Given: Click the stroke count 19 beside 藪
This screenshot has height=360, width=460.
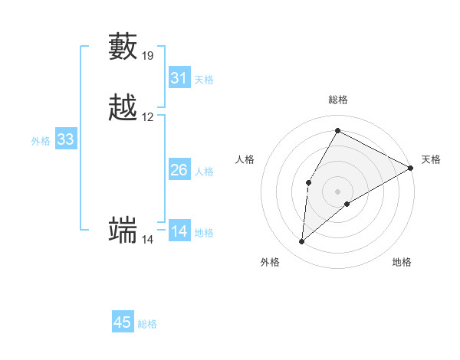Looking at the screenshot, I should pyautogui.click(x=148, y=56).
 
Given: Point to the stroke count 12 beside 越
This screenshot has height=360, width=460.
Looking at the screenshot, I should pyautogui.click(x=148, y=117).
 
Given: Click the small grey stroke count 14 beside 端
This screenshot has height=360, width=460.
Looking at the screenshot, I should pyautogui.click(x=148, y=240).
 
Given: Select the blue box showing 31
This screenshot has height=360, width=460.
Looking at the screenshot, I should pyautogui.click(x=179, y=78).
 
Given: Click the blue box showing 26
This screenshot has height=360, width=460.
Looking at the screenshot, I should pyautogui.click(x=179, y=170).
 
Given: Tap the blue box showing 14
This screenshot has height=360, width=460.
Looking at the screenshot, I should pyautogui.click(x=179, y=231).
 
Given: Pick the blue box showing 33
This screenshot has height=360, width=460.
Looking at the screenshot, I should pyautogui.click(x=66, y=139).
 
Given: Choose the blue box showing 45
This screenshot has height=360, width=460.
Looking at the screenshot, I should pyautogui.click(x=123, y=322).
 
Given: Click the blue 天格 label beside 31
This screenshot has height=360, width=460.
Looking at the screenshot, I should pyautogui.click(x=204, y=80).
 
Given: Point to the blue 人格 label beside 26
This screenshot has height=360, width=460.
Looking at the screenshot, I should pyautogui.click(x=204, y=172).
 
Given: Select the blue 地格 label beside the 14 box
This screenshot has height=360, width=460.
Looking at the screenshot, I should pyautogui.click(x=204, y=233).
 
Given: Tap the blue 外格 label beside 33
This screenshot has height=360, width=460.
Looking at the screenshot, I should pyautogui.click(x=41, y=141).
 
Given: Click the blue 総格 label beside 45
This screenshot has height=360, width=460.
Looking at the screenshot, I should pyautogui.click(x=147, y=324).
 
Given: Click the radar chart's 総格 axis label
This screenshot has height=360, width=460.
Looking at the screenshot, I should pyautogui.click(x=338, y=100).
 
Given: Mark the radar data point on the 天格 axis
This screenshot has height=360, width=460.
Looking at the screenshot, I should pyautogui.click(x=412, y=168).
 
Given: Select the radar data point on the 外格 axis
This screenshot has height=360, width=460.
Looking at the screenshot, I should pyautogui.click(x=302, y=242).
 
